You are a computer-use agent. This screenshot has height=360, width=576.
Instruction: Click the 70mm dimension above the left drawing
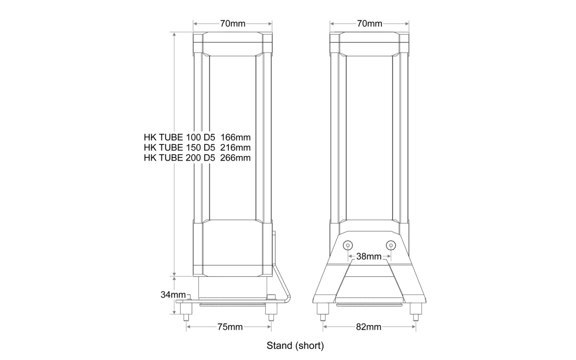point(232,24)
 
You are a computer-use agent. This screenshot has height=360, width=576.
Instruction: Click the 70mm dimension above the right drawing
point(369,24)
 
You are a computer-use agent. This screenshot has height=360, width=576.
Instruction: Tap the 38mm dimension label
point(369,256)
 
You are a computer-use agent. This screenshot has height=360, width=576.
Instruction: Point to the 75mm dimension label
point(230,327)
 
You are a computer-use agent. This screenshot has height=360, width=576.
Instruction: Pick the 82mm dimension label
point(369,327)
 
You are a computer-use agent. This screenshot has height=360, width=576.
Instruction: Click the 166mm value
point(236,137)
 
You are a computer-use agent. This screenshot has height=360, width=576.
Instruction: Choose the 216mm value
point(236,147)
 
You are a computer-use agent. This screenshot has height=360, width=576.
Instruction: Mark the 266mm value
point(236,158)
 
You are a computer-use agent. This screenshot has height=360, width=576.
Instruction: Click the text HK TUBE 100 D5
point(179,137)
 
